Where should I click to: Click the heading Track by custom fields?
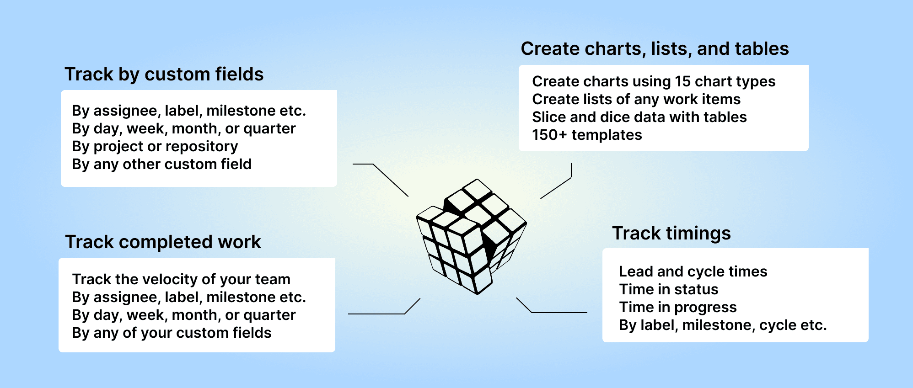point(164,74)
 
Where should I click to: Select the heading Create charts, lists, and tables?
point(655,48)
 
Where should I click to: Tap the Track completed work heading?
point(163,242)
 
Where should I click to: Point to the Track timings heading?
point(671,233)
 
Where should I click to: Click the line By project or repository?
point(155,146)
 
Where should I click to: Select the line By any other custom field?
point(161,164)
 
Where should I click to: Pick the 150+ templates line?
point(587,135)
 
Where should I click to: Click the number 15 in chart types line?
point(682,81)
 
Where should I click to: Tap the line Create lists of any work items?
point(636,99)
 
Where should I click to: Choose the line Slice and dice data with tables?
point(639,117)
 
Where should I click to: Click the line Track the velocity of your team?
point(181,279)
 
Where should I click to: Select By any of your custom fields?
point(172,333)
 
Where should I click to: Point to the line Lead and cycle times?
point(693,271)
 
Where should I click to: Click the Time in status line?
point(669,289)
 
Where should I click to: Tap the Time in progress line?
point(678,307)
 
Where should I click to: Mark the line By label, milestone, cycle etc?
point(723,325)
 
